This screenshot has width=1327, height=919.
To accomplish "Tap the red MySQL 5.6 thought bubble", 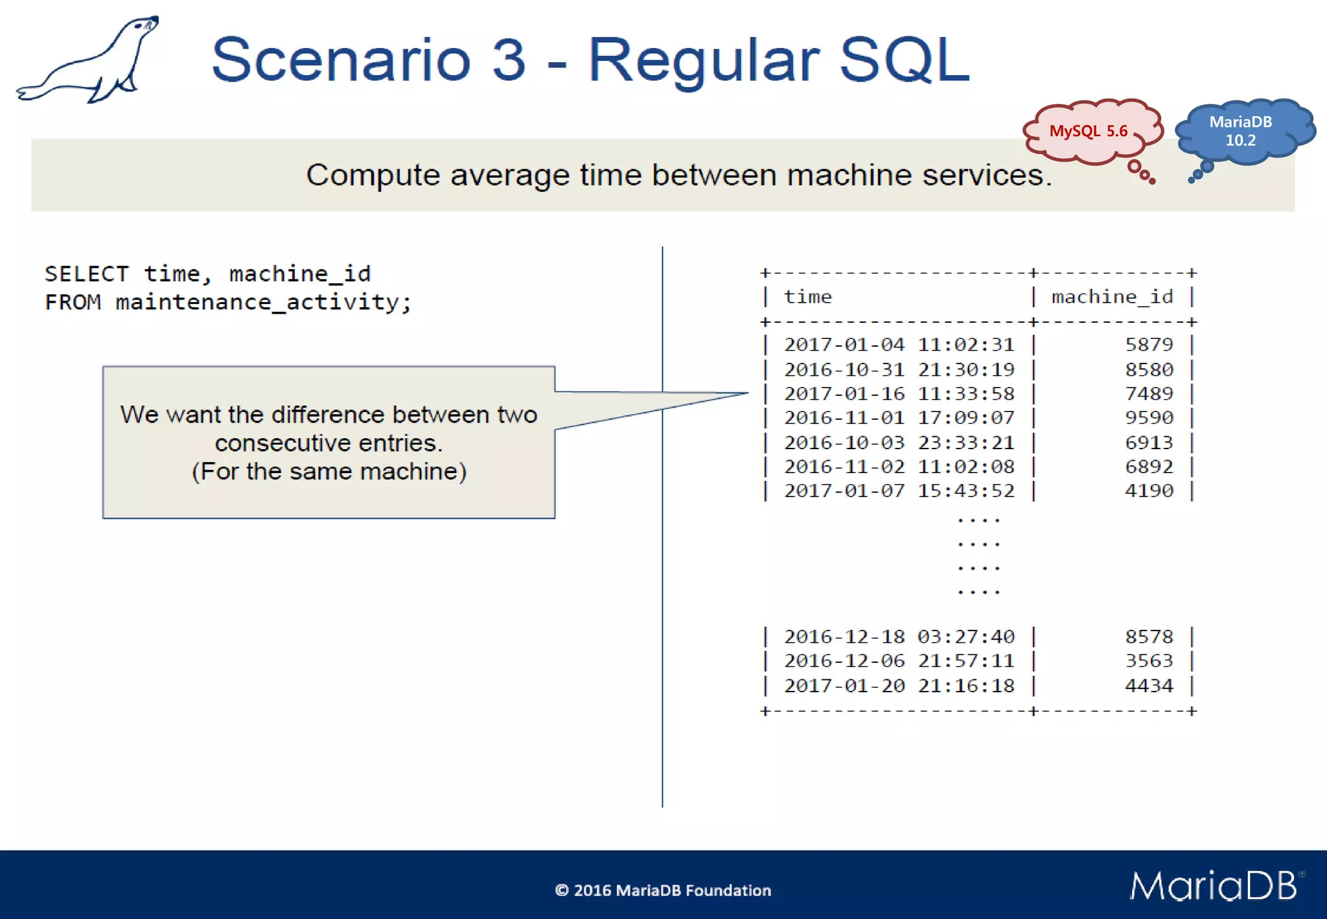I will [1090, 132].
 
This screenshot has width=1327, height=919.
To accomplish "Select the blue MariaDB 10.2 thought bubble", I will [1241, 131].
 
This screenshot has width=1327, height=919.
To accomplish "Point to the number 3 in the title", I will [509, 60].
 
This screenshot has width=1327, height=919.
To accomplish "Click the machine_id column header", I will [1112, 297].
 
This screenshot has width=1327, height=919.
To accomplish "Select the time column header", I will [807, 297].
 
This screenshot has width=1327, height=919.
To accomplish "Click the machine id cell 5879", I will [1149, 344].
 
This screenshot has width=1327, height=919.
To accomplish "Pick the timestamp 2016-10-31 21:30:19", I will [899, 369].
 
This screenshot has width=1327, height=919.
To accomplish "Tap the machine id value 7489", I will [1149, 393].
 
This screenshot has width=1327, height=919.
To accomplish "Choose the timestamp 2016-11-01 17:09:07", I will [899, 418].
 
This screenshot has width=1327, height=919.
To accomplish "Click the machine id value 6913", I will [1149, 443].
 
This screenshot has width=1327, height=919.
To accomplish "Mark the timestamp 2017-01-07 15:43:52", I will [899, 491].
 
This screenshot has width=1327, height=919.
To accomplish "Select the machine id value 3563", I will [1149, 661].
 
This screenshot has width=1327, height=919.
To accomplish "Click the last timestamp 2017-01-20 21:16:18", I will [899, 686].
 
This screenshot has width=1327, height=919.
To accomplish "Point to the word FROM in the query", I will [73, 302].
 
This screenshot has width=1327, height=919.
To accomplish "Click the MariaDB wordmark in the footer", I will [1214, 885].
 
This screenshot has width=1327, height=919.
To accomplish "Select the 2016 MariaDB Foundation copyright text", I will [663, 890].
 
